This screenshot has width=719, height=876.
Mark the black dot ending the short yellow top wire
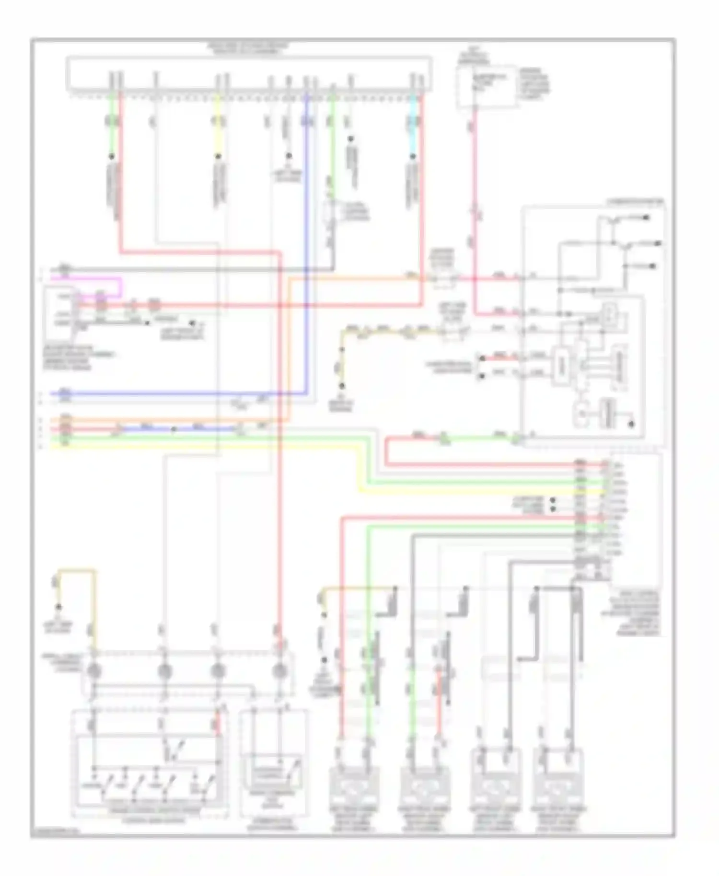[218, 156]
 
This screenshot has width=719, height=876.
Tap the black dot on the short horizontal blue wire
[174, 429]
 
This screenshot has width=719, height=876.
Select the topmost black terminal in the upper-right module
[646, 218]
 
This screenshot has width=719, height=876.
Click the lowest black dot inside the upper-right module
[632, 424]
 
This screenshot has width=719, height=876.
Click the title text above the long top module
[248, 47]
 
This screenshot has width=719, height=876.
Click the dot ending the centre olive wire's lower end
[342, 385]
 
